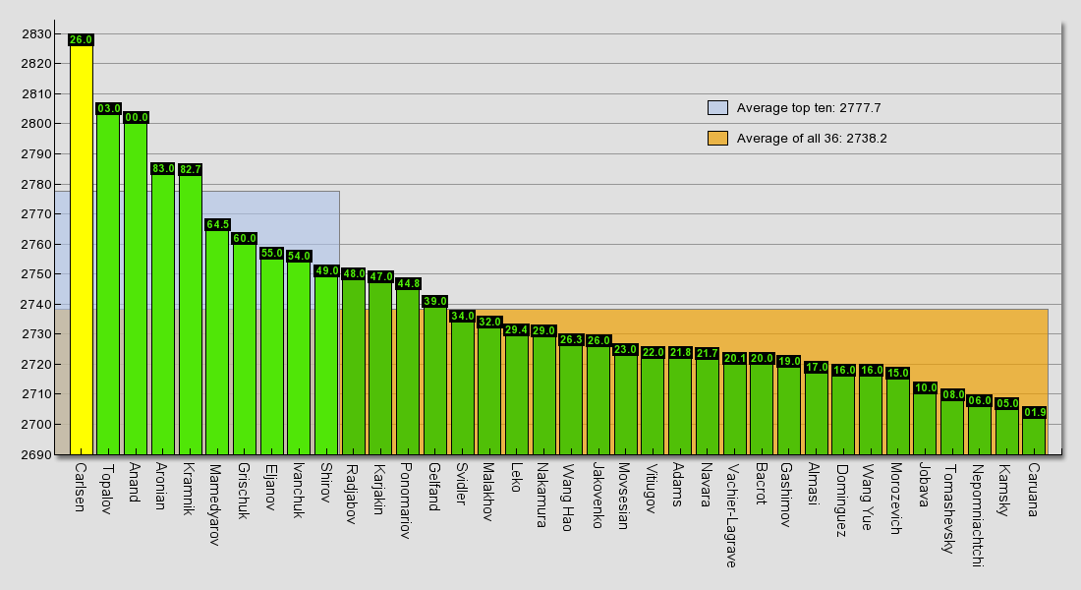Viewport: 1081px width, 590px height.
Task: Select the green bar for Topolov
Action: pyautogui.click(x=108, y=285)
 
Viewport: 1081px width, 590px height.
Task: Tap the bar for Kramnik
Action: pyautogui.click(x=190, y=315)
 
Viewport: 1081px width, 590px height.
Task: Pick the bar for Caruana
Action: pyautogui.click(x=1034, y=437)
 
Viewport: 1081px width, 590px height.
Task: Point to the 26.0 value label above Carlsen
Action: pyautogui.click(x=81, y=40)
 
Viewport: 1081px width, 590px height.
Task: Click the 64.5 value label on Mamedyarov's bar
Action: pyautogui.click(x=217, y=225)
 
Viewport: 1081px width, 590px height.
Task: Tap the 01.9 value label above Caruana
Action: pyautogui.click(x=1034, y=413)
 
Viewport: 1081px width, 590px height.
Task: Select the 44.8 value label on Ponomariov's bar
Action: pyautogui.click(x=408, y=284)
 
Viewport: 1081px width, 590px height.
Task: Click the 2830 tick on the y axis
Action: pyautogui.click(x=35, y=34)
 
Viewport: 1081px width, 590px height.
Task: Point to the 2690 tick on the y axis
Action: pyautogui.click(x=35, y=454)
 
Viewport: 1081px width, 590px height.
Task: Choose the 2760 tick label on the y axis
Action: pyautogui.click(x=35, y=244)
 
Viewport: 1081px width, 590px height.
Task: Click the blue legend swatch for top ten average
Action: pyautogui.click(x=717, y=108)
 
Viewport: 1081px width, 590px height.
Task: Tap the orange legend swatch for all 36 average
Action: pyautogui.click(x=717, y=139)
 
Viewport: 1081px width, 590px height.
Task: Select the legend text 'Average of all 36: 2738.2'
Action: pyautogui.click(x=812, y=139)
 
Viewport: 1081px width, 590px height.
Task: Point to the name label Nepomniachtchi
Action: pyautogui.click(x=976, y=516)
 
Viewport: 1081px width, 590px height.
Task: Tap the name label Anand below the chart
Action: pyautogui.click(x=135, y=483)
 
